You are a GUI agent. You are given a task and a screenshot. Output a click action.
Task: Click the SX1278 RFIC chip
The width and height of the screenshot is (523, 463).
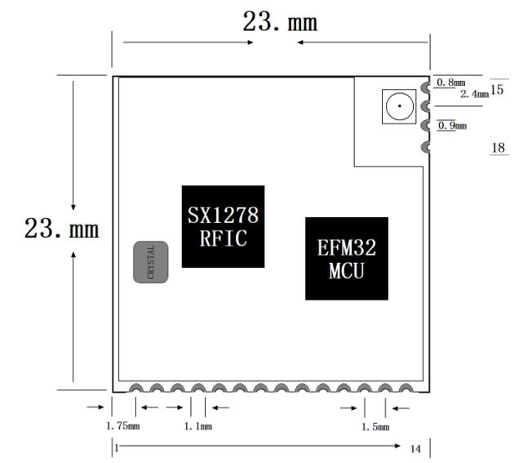223,227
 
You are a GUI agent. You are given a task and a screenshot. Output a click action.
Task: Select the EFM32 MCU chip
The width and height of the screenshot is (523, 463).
347,259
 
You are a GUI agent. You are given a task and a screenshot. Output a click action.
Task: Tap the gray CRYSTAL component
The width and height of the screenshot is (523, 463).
151,262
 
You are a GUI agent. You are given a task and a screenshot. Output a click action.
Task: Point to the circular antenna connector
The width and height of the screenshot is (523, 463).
400,106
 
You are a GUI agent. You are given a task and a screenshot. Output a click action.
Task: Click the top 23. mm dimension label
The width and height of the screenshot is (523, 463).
280,22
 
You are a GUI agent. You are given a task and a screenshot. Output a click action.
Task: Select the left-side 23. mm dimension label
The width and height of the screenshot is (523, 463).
62,229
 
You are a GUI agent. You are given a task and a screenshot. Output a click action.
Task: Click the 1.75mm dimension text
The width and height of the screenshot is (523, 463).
122,426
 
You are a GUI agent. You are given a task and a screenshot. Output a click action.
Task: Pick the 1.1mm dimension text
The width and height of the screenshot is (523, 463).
198,426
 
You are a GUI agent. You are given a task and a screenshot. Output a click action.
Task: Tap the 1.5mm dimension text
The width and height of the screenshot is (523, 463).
375,426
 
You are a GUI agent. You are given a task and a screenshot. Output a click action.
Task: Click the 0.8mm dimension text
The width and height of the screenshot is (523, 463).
451,82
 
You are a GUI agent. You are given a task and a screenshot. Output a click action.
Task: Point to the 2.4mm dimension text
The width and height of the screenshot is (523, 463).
474,94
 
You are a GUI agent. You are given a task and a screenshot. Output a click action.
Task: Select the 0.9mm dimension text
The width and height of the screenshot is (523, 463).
452,126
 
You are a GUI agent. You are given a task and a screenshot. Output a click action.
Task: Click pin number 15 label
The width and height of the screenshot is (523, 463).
497,90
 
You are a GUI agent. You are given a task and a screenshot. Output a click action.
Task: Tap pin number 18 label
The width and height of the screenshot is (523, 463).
499,148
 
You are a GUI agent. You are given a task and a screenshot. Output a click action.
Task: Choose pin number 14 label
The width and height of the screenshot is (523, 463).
415,449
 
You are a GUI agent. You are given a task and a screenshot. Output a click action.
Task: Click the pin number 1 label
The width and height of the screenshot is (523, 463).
117,447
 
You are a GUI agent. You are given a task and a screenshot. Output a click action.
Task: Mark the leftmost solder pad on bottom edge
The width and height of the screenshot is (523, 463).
135,389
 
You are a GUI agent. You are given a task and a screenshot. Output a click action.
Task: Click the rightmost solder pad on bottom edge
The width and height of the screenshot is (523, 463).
406,389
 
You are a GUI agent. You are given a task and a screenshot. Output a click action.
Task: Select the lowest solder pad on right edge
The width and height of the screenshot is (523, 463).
425,147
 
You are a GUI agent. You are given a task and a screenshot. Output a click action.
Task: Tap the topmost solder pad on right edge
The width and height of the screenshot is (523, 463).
425,87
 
